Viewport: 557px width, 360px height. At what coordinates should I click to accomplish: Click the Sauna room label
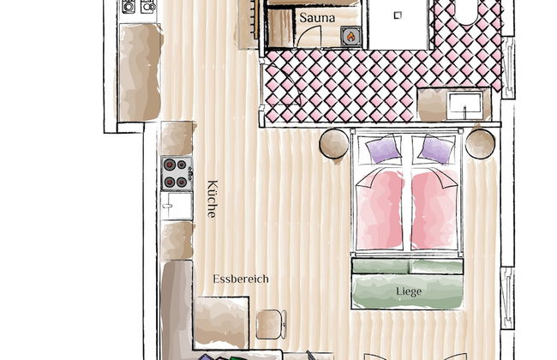(317, 18)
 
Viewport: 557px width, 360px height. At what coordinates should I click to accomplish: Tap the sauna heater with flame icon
(351, 36)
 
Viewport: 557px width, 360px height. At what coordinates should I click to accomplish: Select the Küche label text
(212, 199)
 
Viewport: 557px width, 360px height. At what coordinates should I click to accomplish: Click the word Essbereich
(241, 279)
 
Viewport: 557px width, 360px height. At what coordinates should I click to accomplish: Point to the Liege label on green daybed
(409, 291)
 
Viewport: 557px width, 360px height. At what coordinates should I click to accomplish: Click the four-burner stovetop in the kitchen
(177, 173)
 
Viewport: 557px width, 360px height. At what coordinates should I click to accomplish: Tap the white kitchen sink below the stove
(177, 206)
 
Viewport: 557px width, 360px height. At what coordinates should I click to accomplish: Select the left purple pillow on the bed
(382, 150)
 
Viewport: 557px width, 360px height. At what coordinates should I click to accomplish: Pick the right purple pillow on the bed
(436, 150)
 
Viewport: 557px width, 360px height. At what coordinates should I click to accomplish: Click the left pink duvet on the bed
(380, 210)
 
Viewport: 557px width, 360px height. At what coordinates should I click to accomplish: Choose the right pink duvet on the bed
(434, 210)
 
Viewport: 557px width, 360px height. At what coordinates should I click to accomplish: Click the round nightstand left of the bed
(334, 144)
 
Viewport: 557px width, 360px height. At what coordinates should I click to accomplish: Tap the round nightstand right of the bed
(480, 144)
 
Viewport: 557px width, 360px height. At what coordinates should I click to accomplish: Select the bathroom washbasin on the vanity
(464, 105)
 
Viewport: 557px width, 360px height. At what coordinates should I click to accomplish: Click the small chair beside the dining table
(271, 325)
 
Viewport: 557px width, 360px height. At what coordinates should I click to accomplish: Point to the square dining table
(221, 322)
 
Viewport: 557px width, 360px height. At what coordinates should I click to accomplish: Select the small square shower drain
(398, 15)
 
